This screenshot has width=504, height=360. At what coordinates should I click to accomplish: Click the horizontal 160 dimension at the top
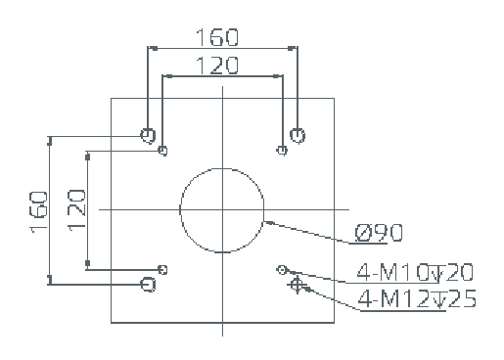[217, 37]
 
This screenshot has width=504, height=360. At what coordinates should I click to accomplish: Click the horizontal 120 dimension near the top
[217, 66]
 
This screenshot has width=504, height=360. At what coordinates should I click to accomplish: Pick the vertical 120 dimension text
[77, 210]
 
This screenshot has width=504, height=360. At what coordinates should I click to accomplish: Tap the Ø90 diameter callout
[379, 233]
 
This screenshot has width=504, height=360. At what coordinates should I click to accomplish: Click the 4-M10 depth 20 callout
[415, 272]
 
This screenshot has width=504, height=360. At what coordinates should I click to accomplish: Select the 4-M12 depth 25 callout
[417, 298]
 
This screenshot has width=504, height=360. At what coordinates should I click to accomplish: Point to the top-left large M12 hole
[148, 135]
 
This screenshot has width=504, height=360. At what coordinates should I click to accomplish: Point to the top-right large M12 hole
[298, 135]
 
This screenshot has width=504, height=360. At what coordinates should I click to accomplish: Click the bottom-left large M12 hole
[148, 285]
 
